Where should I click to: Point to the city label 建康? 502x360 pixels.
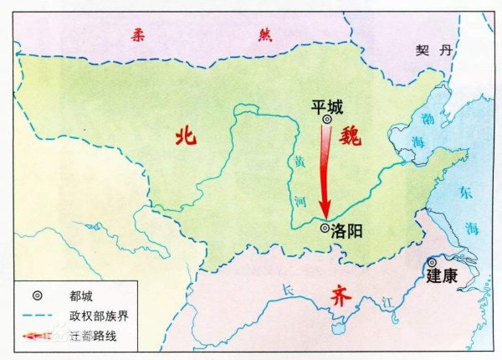(442, 275)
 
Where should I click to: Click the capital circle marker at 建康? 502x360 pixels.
(432, 262)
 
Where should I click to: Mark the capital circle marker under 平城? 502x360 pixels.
(327, 121)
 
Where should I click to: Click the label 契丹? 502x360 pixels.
(433, 50)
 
